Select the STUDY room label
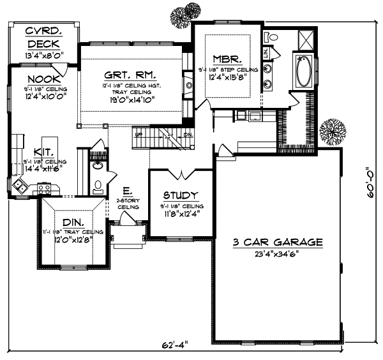[180, 195]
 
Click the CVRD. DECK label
[43, 38]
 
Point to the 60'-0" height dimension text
[370, 191]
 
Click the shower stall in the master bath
[303, 39]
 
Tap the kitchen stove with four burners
[45, 188]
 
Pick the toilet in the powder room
[98, 186]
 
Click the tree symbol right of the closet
[332, 131]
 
